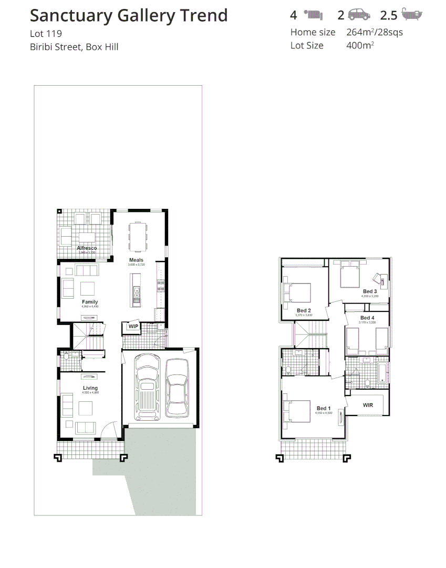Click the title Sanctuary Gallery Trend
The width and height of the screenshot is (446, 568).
[129, 16]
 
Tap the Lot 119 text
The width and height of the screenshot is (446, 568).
[46, 34]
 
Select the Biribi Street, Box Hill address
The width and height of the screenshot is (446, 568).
[74, 47]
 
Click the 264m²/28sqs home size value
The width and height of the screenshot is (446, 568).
[375, 32]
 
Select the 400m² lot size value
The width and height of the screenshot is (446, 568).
[360, 45]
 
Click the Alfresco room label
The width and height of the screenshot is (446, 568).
[87, 248]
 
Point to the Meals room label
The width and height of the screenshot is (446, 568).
[136, 260]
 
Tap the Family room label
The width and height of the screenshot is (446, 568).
[90, 302]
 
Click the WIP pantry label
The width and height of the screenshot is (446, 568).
[133, 327]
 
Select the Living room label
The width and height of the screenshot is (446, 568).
[90, 388]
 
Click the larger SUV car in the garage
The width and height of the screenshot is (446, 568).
[147, 388]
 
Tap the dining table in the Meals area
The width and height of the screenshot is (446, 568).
[138, 237]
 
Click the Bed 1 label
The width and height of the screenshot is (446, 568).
[324, 408]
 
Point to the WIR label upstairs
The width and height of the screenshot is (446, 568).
[368, 405]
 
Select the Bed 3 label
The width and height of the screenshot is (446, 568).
[369, 291]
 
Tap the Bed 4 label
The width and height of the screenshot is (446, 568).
[367, 318]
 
